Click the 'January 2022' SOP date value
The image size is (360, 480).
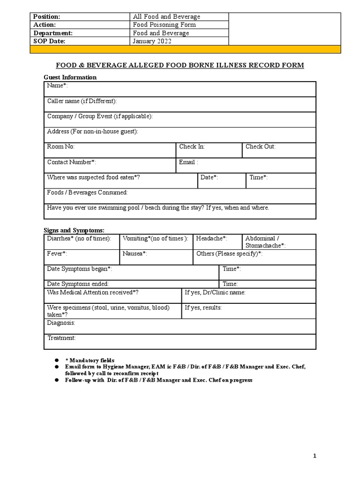click(x=152, y=41)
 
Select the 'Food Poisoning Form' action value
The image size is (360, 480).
click(x=165, y=25)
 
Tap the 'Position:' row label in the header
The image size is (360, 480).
click(x=46, y=17)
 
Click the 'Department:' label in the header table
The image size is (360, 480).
click(x=52, y=33)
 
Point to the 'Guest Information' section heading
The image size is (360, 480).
click(x=70, y=77)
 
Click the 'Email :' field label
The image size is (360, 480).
click(x=188, y=162)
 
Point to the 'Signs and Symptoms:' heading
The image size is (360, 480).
click(x=74, y=230)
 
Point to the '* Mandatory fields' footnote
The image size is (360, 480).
click(x=90, y=360)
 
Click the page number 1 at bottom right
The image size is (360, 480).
click(x=315, y=456)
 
